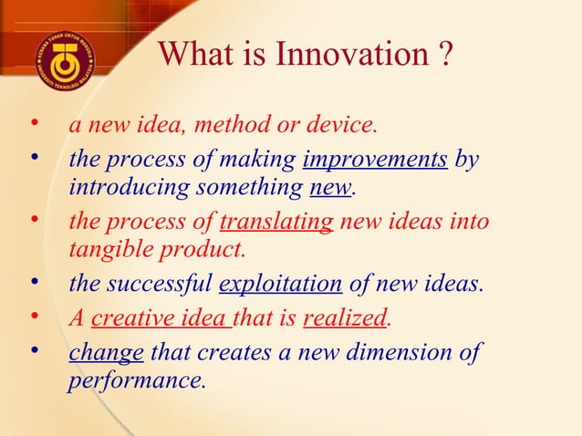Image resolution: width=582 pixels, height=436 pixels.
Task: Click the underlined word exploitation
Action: tap(281, 285)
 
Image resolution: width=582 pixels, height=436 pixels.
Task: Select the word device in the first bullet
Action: tap(346, 124)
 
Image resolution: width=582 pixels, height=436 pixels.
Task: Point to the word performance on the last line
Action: tap(136, 379)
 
